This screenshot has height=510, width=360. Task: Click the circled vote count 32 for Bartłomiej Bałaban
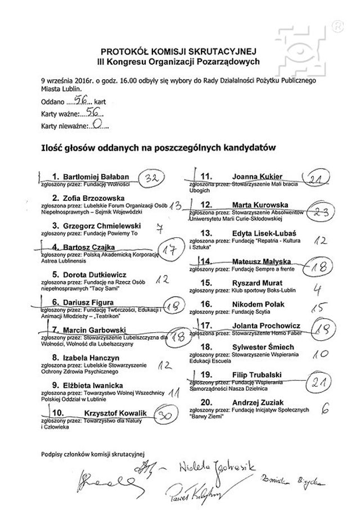pyautogui.click(x=149, y=178)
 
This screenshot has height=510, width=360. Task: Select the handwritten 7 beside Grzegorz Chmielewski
pyautogui.click(x=159, y=228)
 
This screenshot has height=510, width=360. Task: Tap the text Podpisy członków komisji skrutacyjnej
pyautogui.click(x=93, y=453)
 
